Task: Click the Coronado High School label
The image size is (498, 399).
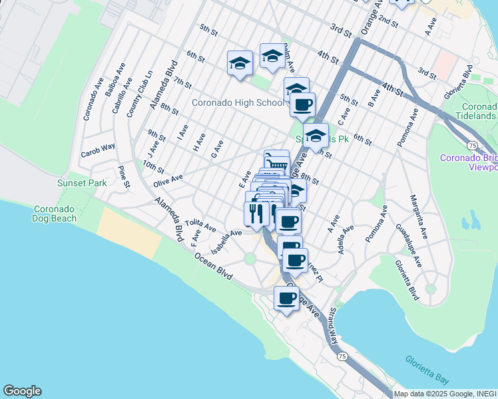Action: click(238, 103)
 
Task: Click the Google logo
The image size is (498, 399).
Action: click(22, 391)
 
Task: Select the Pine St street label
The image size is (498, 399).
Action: click(123, 176)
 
